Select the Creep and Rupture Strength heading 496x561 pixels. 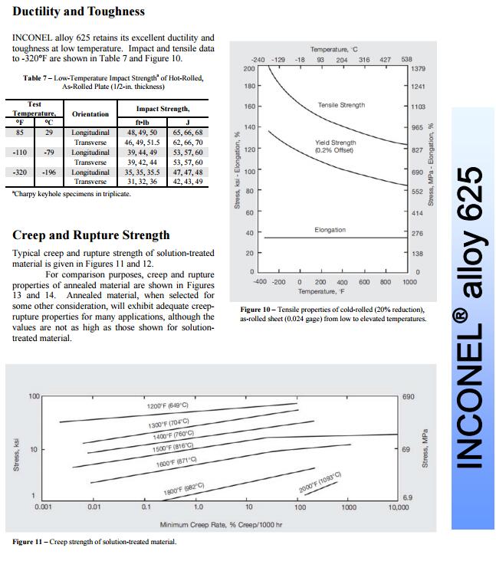tap(91, 235)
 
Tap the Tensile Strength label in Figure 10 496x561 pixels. tap(341, 105)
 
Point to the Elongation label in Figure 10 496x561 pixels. tap(330, 230)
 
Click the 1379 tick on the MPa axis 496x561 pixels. tap(419, 69)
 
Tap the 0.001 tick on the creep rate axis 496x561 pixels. tap(43, 507)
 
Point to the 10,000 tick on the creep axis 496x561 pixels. tap(399, 507)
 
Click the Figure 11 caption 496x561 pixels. tap(94, 542)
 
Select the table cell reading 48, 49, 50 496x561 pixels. tap(142, 133)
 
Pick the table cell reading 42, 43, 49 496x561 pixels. tap(188, 182)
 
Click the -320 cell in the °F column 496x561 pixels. tap(21, 172)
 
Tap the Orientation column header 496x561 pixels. tap(90, 113)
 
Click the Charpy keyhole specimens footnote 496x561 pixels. tap(71, 194)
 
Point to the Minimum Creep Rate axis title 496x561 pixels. tap(221, 524)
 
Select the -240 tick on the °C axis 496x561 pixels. tap(258, 59)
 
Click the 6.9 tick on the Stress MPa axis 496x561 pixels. tap(408, 497)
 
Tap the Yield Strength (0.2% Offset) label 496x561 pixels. tap(335, 146)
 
